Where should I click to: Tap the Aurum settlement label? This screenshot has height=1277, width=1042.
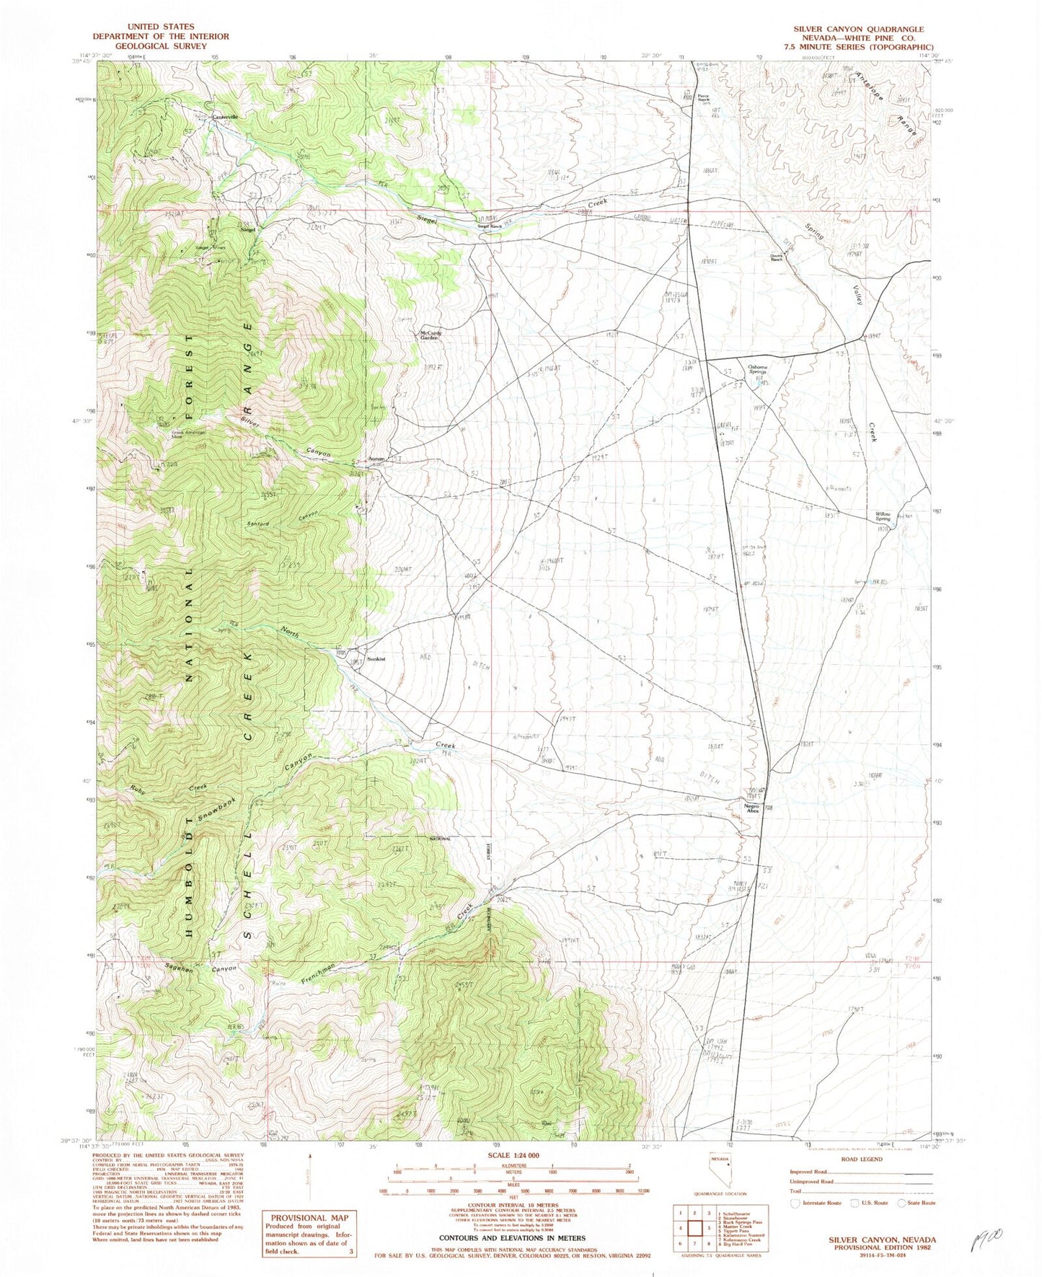pos(377,459)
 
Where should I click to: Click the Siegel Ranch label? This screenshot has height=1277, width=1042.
pos(490,226)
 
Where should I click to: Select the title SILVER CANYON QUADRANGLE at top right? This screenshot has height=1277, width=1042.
pos(858,30)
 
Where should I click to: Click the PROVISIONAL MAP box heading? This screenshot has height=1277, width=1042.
pos(309,1217)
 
